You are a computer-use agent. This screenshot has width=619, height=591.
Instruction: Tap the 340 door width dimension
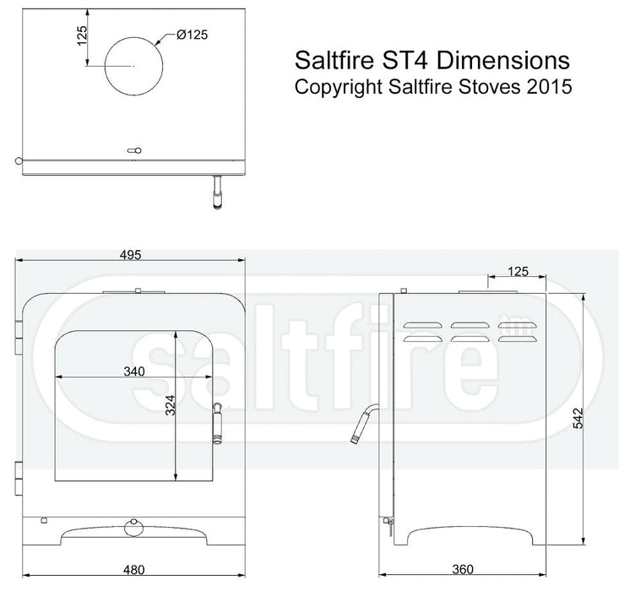[133, 371]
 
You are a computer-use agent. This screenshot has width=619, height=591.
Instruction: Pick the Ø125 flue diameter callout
[193, 35]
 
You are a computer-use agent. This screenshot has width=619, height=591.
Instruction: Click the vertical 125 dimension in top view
[83, 35]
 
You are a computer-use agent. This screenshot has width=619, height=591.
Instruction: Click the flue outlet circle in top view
[133, 65]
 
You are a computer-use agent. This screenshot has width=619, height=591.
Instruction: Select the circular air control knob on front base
[132, 528]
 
